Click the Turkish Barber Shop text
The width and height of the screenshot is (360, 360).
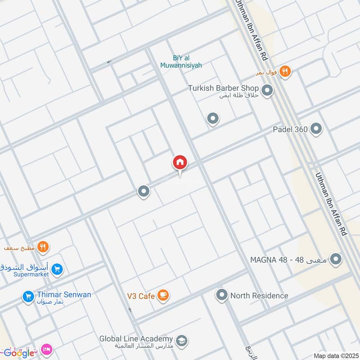pyautogui.click(x=223, y=88)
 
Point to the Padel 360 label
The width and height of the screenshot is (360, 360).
pyautogui.click(x=290, y=130)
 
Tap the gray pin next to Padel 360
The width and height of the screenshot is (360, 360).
pyautogui.click(x=316, y=129)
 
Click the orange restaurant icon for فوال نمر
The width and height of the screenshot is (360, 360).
pyautogui.click(x=284, y=72)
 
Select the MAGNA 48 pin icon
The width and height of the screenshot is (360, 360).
pyautogui.click(x=335, y=259)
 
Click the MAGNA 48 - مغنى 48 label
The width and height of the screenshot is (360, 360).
pyautogui.click(x=289, y=260)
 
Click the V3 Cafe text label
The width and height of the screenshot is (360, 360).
pyautogui.click(x=140, y=296)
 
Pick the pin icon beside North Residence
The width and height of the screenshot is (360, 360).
pyautogui.click(x=221, y=295)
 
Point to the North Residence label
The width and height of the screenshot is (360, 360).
pyautogui.click(x=259, y=296)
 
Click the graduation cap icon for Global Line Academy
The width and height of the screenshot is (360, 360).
pyautogui.click(x=182, y=341)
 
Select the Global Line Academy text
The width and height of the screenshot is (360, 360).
pyautogui.click(x=136, y=338)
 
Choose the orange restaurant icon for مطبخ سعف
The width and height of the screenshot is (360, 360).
pyautogui.click(x=43, y=247)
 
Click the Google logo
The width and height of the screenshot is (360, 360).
pyautogui.click(x=18, y=353)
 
